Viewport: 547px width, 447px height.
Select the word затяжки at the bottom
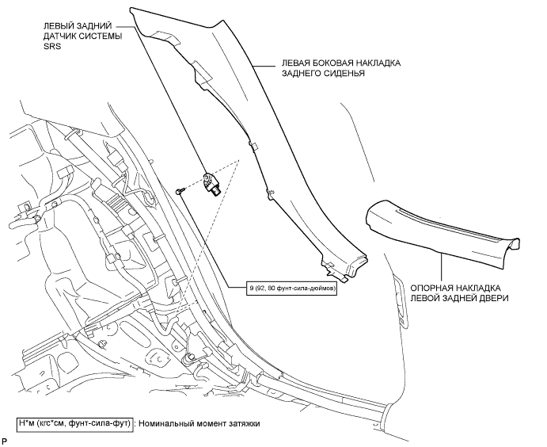tap(241, 423)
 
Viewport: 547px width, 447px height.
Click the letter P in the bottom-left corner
tap(6, 439)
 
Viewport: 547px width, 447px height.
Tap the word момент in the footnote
tap(208, 423)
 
